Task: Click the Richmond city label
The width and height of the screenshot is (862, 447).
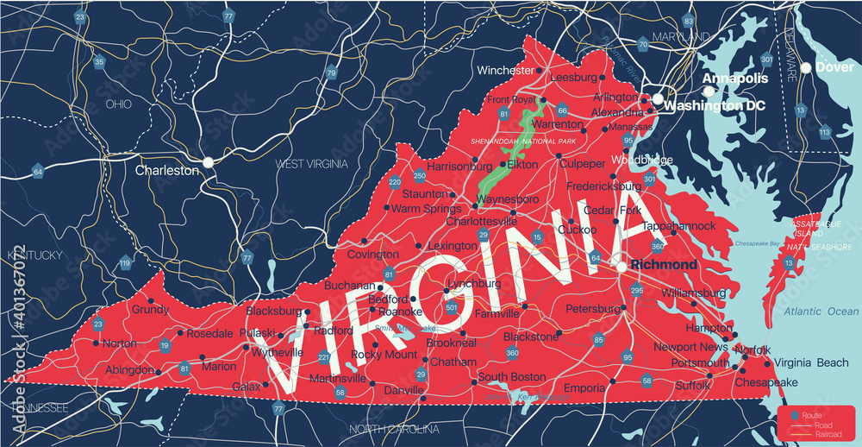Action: point(664,264)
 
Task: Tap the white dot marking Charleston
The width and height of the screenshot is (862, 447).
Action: point(208,161)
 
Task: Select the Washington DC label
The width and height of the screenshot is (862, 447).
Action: point(721,105)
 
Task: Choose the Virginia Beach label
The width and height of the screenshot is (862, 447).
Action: point(811,363)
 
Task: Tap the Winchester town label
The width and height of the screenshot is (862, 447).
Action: point(505,70)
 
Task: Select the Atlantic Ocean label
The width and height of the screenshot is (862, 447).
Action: point(821,312)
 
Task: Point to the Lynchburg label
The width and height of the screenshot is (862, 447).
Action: point(473,283)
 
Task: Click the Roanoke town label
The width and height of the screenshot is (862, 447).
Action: point(400,312)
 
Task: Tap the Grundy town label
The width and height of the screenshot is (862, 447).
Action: point(150,309)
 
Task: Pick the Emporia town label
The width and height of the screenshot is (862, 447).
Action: point(584,388)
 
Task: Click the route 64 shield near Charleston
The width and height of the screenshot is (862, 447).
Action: point(38,172)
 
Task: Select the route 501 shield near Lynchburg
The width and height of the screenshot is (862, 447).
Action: point(452,305)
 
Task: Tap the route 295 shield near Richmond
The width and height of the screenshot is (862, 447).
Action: point(637,290)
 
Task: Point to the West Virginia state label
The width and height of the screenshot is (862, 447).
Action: point(311,163)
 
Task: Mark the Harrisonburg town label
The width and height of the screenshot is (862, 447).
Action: point(459,165)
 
